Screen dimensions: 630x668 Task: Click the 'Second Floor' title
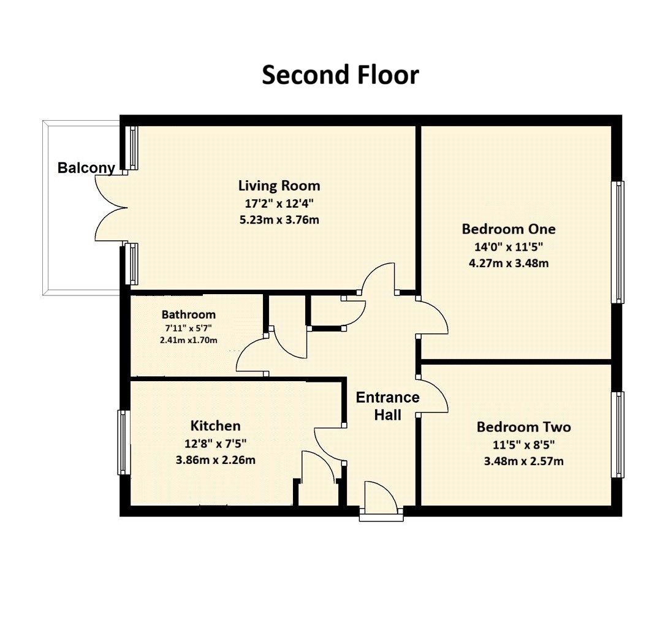pyautogui.click(x=340, y=75)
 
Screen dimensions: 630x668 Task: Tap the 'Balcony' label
pyautogui.click(x=86, y=168)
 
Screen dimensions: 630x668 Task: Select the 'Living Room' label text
pyautogui.click(x=279, y=185)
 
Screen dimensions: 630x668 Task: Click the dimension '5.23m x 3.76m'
pyautogui.click(x=279, y=220)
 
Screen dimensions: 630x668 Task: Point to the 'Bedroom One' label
pyautogui.click(x=508, y=229)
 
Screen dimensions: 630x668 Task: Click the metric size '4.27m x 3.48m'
pyautogui.click(x=508, y=264)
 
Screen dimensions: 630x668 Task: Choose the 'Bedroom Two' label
pyautogui.click(x=523, y=427)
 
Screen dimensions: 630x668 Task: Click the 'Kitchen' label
pyautogui.click(x=215, y=425)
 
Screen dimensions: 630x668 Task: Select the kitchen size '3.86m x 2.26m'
pyautogui.click(x=215, y=460)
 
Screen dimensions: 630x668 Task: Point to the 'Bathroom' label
pyautogui.click(x=189, y=314)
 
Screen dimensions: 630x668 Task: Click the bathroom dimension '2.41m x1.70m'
pyautogui.click(x=189, y=340)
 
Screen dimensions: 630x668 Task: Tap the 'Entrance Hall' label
pyautogui.click(x=387, y=406)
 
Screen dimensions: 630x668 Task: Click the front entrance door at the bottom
pyautogui.click(x=381, y=499)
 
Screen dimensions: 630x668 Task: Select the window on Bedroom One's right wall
pyautogui.click(x=619, y=242)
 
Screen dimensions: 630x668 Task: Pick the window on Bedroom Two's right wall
pyautogui.click(x=619, y=435)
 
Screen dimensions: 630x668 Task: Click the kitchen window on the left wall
pyautogui.click(x=123, y=442)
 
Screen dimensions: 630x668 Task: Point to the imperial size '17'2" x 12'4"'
pyautogui.click(x=279, y=203)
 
